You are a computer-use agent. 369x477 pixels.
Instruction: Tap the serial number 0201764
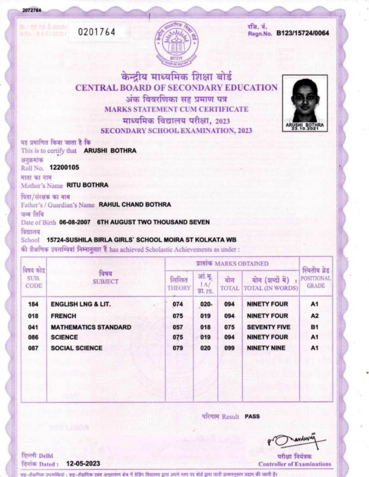[x=97, y=32]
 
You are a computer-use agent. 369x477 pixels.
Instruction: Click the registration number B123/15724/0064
[x=302, y=33]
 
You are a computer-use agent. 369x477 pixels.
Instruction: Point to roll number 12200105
[x=64, y=167]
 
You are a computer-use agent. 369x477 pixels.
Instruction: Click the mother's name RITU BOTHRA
[x=87, y=185]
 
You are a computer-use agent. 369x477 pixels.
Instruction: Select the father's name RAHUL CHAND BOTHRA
[x=135, y=205]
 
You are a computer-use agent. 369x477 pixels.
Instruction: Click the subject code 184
[x=33, y=304]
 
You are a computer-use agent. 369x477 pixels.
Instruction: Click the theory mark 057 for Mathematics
[x=178, y=327]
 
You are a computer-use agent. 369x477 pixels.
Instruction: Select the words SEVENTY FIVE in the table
[x=268, y=327]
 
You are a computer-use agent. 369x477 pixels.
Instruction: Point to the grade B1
[x=314, y=327]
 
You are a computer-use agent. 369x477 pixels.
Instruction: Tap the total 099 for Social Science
[x=229, y=348]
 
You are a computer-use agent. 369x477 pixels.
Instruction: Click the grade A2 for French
[x=314, y=316]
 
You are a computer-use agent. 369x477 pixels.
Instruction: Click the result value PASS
[x=252, y=416]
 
